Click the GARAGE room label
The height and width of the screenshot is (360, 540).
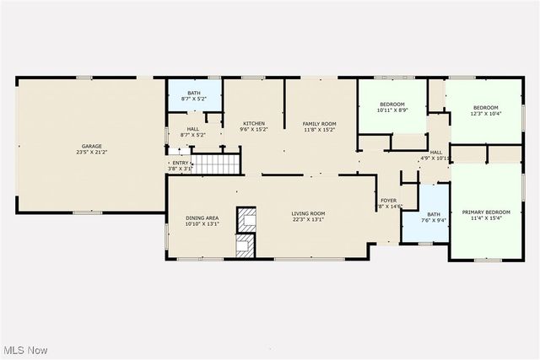[x=86, y=146]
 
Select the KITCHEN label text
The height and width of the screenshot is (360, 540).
[x=254, y=123]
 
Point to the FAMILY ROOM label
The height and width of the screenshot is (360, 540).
[x=320, y=123]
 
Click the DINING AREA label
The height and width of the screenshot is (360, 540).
[x=202, y=218]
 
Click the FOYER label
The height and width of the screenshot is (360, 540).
[x=389, y=200]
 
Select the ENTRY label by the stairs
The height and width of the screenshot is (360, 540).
[x=181, y=164]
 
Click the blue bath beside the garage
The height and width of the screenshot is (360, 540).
[x=194, y=95]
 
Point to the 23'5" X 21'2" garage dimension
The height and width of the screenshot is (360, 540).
[x=86, y=152]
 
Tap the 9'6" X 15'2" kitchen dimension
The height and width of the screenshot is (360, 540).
[x=254, y=130]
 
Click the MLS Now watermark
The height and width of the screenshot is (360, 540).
[x=25, y=350]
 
